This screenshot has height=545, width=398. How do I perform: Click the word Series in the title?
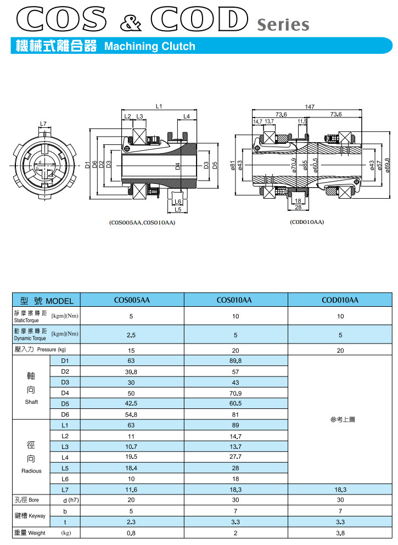click(283, 25)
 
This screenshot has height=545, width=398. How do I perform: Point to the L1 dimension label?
click(159, 106)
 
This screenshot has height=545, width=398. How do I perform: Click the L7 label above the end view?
click(43, 123)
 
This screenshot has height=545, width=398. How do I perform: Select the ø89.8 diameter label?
click(388, 164)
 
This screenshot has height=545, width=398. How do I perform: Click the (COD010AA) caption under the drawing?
click(306, 222)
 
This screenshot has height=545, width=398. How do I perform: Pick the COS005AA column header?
click(132, 300)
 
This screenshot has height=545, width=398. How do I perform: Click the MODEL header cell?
click(47, 300)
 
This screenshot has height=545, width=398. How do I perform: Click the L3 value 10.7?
click(131, 447)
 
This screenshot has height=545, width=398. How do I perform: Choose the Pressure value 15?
click(131, 350)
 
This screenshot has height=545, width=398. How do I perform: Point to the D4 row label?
click(65, 393)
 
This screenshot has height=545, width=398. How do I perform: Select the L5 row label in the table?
click(65, 468)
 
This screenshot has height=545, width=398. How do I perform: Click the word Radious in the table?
click(31, 471)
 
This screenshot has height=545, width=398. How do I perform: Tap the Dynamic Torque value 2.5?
click(131, 334)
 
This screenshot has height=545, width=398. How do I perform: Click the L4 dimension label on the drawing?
click(187, 116)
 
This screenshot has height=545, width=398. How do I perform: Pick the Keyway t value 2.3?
click(131, 521)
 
